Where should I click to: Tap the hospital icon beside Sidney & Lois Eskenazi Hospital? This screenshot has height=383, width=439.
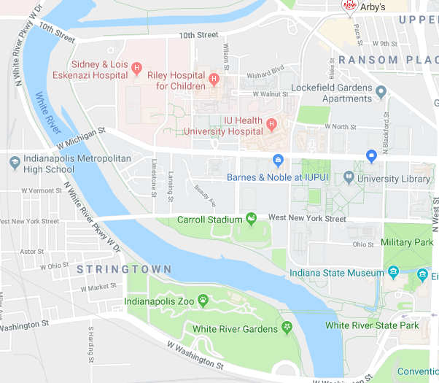(136, 69)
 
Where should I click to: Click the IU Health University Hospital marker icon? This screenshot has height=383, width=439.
(272, 125)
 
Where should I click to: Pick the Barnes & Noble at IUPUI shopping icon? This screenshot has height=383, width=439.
(277, 160)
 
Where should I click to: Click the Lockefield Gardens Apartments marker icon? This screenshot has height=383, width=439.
(381, 91)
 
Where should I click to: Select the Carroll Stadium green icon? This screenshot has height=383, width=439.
(252, 218)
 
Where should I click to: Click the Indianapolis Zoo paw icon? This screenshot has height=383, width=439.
(203, 301)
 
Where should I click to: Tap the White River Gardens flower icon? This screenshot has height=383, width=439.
(287, 329)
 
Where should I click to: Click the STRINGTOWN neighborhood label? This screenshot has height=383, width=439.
(124, 270)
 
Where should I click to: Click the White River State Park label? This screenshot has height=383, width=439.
(372, 325)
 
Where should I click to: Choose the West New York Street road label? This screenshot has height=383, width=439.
(307, 218)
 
